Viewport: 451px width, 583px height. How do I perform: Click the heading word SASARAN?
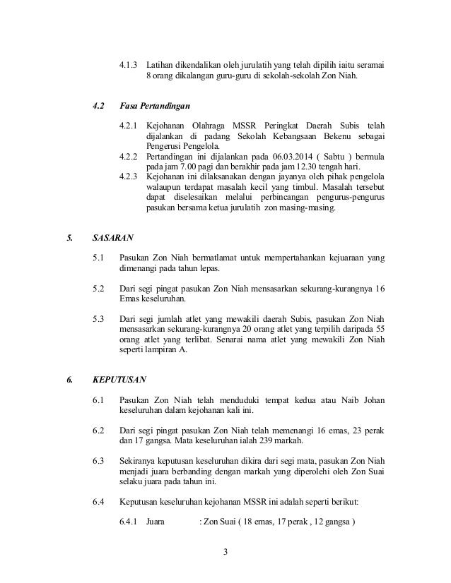tap(111, 238)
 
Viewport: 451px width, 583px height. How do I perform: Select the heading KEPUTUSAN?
tap(117, 380)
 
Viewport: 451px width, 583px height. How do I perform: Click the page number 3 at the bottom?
tap(225, 551)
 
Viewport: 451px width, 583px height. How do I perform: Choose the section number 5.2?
tap(99, 288)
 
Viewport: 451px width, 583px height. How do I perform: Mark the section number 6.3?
tap(99, 461)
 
